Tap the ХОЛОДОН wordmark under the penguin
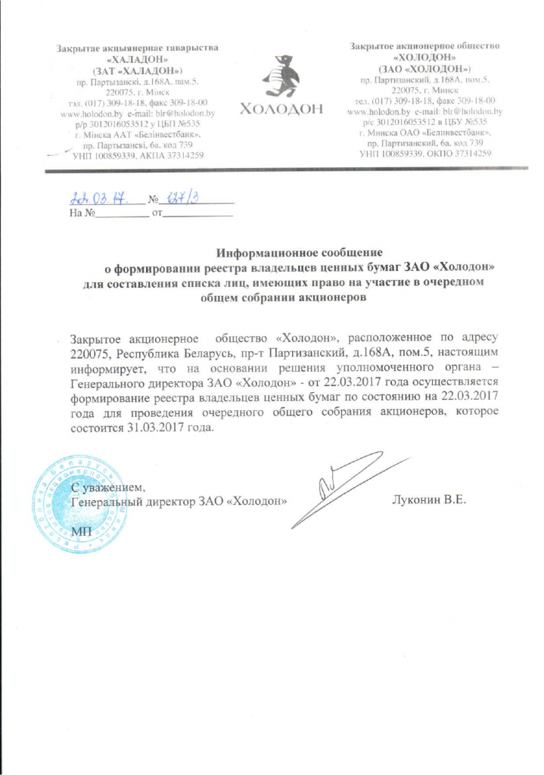coord(280,110)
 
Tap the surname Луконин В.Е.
coord(428,501)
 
